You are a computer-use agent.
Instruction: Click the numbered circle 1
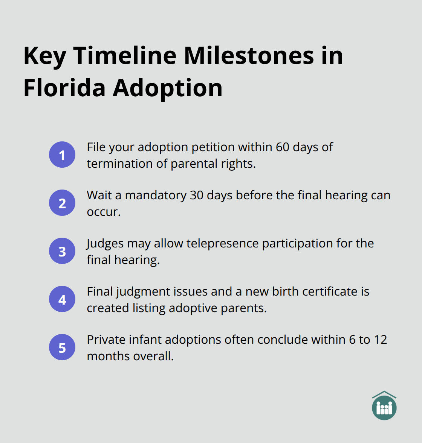click(62, 155)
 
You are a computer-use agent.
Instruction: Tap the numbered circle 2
click(62, 203)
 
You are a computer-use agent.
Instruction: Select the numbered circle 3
click(62, 251)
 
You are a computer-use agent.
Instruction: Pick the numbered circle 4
click(62, 299)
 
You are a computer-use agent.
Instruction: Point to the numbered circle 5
click(62, 347)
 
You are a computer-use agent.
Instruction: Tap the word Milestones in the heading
click(249, 56)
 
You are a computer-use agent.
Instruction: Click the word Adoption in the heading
click(168, 88)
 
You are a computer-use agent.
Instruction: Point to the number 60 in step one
click(282, 147)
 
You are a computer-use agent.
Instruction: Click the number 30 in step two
click(197, 195)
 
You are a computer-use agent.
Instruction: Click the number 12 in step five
click(380, 340)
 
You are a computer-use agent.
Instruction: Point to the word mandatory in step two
click(155, 195)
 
